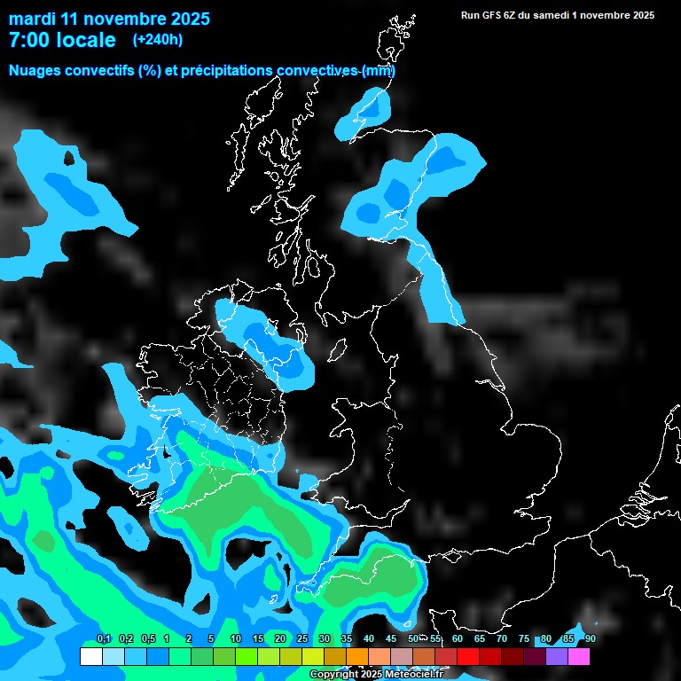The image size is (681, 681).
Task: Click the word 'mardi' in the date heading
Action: point(32,19)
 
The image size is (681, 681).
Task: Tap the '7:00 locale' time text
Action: point(62,40)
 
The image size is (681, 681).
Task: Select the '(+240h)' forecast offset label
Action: point(157,40)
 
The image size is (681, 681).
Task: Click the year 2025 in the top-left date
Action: point(188,19)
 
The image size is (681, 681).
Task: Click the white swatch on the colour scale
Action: point(90,657)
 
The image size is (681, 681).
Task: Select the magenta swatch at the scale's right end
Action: point(579,657)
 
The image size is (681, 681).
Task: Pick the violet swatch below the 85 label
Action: point(557,657)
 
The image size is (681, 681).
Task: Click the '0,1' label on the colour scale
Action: point(104,639)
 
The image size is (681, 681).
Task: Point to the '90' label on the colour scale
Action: point(590,639)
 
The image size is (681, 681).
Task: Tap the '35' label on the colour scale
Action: point(347,639)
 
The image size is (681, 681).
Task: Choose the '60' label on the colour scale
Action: point(458,639)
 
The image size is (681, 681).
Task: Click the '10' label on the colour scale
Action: point(236,639)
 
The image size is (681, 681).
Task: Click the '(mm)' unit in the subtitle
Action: point(379,71)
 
